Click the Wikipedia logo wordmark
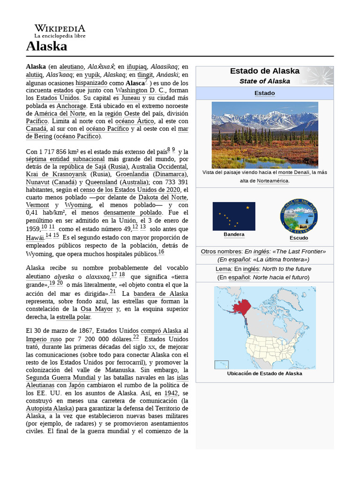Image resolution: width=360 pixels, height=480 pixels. click(60, 28)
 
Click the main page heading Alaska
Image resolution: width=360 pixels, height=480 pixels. click(46, 46)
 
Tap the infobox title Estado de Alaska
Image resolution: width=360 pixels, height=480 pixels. click(264, 71)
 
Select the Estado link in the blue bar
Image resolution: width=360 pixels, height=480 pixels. click(264, 93)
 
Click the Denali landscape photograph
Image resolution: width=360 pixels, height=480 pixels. click(265, 135)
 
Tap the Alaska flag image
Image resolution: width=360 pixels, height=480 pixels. click(234, 216)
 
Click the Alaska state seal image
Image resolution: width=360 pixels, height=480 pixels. click(299, 216)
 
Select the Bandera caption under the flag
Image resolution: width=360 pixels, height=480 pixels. click(234, 234)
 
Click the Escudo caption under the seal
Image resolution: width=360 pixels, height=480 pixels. click(299, 238)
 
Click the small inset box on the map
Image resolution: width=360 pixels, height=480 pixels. click(221, 365)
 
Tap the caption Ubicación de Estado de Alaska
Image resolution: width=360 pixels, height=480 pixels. click(264, 374)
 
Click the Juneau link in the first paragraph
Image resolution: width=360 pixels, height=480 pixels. click(130, 98)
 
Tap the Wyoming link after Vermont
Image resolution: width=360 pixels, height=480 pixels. click(78, 205)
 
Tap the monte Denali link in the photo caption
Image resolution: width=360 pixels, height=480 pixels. click(294, 172)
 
